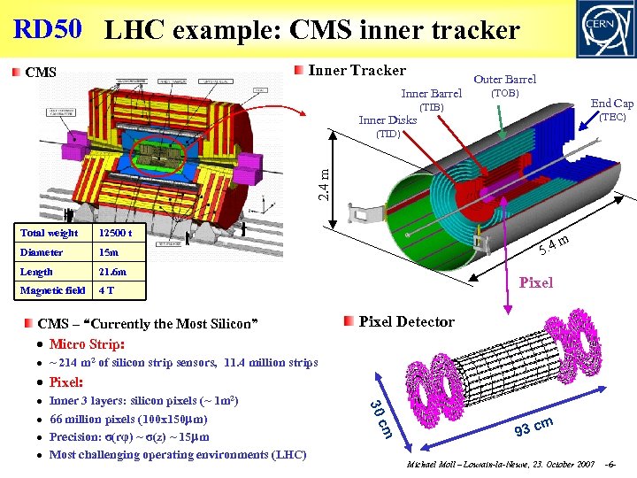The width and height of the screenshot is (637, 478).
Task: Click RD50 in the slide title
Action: tap(48, 28)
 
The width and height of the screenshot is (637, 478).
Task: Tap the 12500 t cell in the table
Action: tap(116, 233)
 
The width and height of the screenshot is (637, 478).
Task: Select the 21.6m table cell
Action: tap(112, 272)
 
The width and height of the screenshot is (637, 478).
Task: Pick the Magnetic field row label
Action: tap(52, 290)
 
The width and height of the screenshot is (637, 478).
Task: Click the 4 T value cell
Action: tap(105, 290)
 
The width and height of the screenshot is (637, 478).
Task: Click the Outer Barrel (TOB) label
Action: tap(504, 86)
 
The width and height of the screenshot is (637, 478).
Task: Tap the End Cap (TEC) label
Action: tap(611, 110)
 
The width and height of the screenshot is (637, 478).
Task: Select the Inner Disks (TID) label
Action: tap(388, 127)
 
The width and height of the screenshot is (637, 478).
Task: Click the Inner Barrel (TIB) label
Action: tap(431, 100)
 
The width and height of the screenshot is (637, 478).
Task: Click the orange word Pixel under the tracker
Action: tap(536, 282)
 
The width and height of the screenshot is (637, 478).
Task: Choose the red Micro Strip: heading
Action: tap(87, 343)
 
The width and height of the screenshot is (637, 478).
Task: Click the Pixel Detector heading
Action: tap(406, 321)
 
